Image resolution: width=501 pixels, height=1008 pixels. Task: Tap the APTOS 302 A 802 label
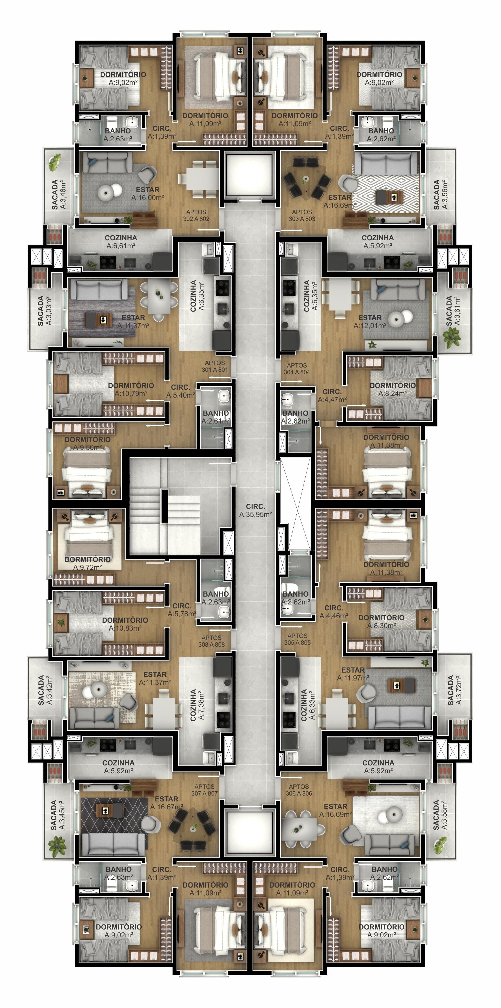[196, 215]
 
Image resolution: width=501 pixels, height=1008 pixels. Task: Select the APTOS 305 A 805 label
[297, 639]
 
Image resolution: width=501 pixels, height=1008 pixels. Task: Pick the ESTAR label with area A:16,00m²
[148, 193]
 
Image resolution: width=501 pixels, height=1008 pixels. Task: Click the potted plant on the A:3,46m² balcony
[55, 162]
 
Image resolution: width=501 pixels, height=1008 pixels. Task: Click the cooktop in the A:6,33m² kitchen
[289, 718]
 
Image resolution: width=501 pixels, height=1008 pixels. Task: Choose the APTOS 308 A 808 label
[212, 641]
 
